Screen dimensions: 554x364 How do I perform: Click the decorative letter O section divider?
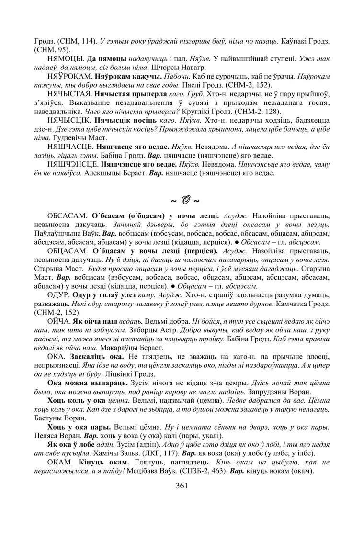click(182, 198)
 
